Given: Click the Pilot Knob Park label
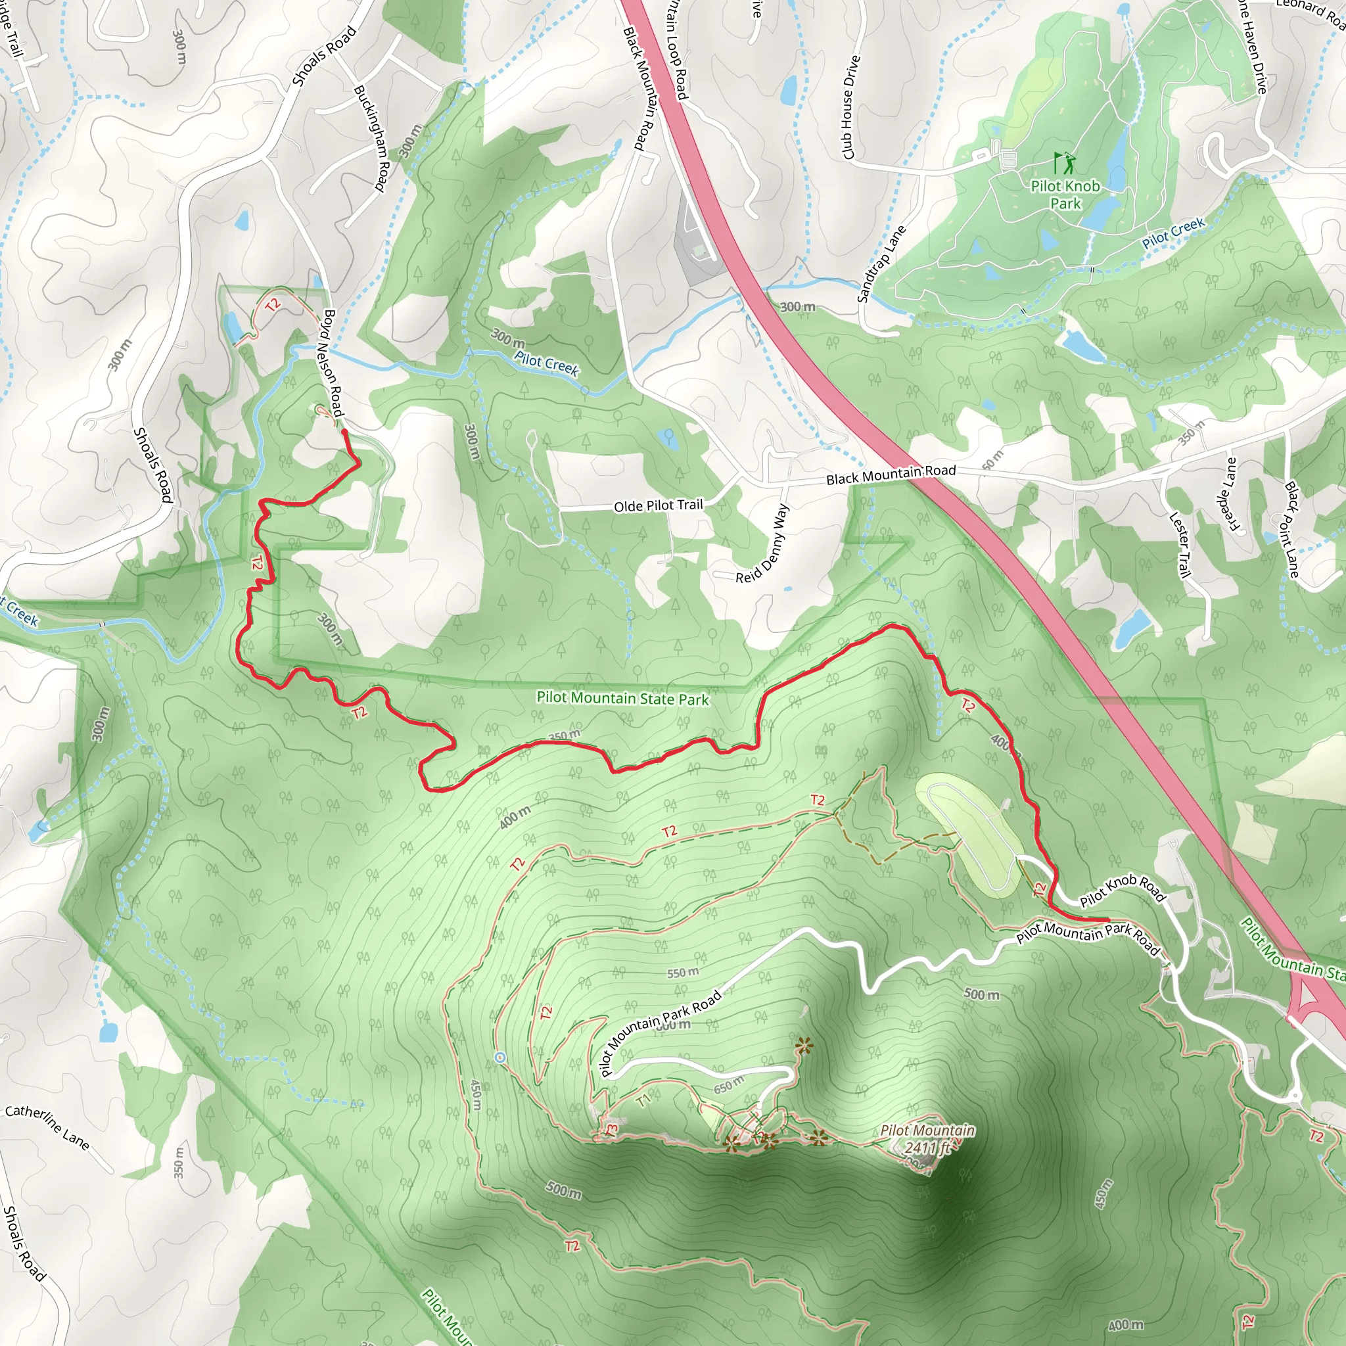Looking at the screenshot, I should coord(1065,195).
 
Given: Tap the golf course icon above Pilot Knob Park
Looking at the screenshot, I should coord(1065,164).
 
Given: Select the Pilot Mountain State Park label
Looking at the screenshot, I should coord(622,698).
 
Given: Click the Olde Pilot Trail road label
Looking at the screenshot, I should coord(658,505).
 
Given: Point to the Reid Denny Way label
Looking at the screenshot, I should coord(763,544).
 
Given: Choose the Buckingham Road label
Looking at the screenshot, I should coord(371,138).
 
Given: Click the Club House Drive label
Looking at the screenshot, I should coord(850,107).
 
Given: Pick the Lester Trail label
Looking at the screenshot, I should coord(1179,545).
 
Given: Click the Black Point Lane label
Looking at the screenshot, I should coord(1291,530).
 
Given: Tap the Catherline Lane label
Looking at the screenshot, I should coord(47,1127).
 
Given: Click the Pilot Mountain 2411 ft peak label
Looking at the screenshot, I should coord(927,1138).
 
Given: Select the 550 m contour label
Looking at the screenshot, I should coord(682,973).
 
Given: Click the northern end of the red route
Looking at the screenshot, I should coord(344,432).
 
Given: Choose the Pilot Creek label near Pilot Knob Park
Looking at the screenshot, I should coord(1173,233).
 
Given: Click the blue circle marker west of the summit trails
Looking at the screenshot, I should coord(499,1057).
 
